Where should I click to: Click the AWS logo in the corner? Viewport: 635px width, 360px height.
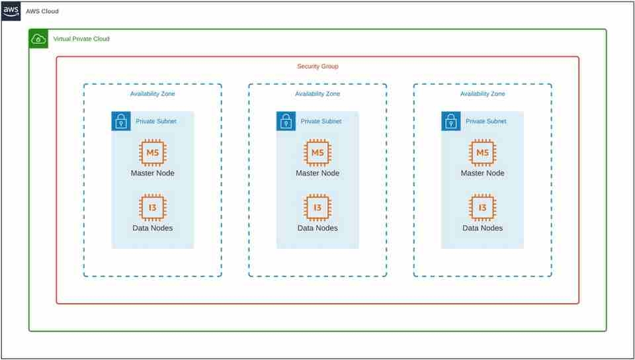[x=11, y=11]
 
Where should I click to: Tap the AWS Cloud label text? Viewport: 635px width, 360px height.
[x=42, y=11]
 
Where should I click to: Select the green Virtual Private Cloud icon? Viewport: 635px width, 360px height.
[x=39, y=39]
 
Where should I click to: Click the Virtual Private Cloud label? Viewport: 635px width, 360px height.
[x=81, y=39]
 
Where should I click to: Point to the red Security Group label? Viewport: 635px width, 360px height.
[x=317, y=67]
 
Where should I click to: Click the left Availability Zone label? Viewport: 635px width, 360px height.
[x=152, y=94]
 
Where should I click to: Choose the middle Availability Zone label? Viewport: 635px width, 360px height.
[x=317, y=94]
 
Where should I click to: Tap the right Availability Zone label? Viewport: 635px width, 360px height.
[x=482, y=94]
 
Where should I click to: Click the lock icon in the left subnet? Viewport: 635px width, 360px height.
[x=120, y=121]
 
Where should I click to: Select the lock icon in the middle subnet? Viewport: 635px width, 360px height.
[x=286, y=121]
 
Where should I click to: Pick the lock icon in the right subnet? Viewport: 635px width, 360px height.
[x=450, y=121]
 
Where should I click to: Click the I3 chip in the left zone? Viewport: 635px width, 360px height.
[x=152, y=208]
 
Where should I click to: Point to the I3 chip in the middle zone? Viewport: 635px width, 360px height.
[x=317, y=208]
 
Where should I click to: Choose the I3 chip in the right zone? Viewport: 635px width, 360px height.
[x=482, y=208]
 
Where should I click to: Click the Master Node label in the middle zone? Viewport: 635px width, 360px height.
[x=317, y=173]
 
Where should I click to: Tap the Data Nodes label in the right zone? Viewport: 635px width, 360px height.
[x=482, y=228]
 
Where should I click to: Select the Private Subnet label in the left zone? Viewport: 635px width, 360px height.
[x=156, y=121]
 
